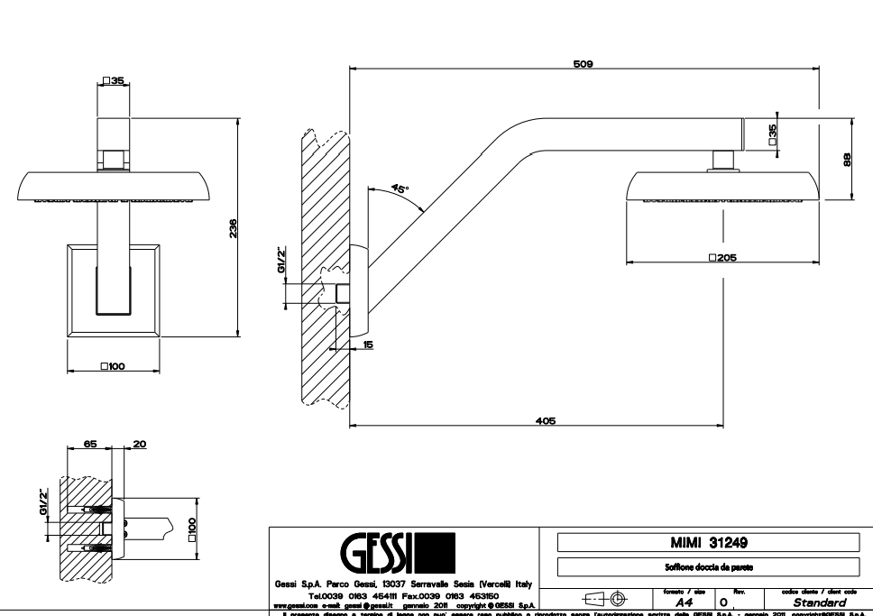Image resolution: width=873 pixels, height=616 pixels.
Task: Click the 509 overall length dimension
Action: [583, 64]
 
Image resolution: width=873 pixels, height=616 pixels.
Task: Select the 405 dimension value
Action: [546, 420]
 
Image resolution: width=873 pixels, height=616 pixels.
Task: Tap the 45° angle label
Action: [400, 189]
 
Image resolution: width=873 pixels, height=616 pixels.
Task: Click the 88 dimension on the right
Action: [846, 159]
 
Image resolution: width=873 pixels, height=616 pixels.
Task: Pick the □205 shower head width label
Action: [723, 257]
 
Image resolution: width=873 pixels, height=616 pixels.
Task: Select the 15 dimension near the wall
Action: [369, 345]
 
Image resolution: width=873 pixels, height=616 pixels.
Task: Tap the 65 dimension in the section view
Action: [90, 444]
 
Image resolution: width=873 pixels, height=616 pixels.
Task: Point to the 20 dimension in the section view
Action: [138, 444]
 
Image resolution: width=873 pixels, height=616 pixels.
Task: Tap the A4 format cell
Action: [685, 602]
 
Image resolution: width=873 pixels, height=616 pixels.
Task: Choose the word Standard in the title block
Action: [819, 602]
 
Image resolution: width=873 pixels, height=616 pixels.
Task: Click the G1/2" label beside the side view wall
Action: [282, 260]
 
